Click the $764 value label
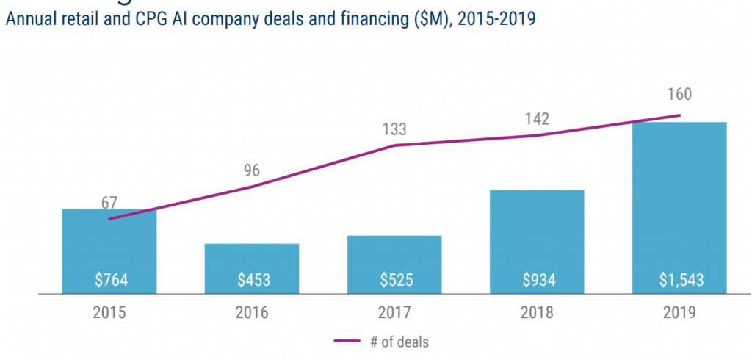[x=109, y=280]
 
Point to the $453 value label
[x=252, y=280]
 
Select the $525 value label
[x=394, y=280]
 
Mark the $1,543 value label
[x=679, y=280]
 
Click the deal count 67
[x=110, y=202]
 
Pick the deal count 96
[x=252, y=171]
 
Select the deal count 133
[x=394, y=130]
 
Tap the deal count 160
[x=679, y=95]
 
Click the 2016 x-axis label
[x=252, y=312]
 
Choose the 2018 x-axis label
[x=537, y=312]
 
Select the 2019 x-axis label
[x=679, y=312]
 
